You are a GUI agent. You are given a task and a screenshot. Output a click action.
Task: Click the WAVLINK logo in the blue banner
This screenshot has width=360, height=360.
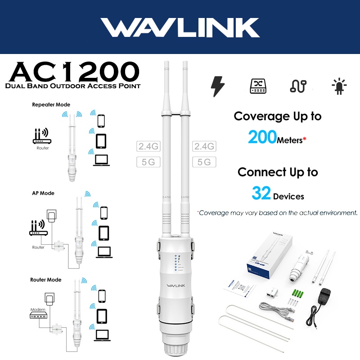pyautogui.click(x=180, y=28)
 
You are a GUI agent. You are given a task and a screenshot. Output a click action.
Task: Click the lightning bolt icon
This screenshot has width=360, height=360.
pyautogui.click(x=218, y=86)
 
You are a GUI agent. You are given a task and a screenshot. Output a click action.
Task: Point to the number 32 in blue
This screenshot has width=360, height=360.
pyautogui.click(x=261, y=194)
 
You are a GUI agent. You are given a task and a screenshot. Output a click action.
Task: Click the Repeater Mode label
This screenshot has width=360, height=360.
pyautogui.click(x=51, y=104)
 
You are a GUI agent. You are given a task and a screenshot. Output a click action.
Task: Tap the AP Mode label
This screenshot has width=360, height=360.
pyautogui.click(x=43, y=193)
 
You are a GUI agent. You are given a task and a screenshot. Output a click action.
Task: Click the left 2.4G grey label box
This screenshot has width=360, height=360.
pyautogui.click(x=148, y=146)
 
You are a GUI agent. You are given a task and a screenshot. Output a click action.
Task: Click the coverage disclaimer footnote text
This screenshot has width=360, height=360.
pyautogui.click(x=277, y=212)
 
